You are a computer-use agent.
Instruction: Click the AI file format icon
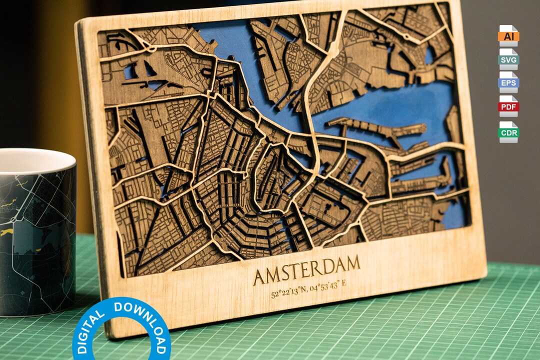coord(508,35)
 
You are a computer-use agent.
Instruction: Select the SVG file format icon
coord(508,59)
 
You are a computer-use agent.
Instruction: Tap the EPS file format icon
coord(508,82)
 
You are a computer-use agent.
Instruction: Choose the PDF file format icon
coord(508,106)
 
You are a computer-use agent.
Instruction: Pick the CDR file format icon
coord(508,132)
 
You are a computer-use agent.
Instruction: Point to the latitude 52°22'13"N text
coord(289,292)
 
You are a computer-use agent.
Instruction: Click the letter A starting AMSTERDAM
coord(260,277)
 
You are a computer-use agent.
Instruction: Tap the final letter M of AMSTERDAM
coord(352,262)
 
